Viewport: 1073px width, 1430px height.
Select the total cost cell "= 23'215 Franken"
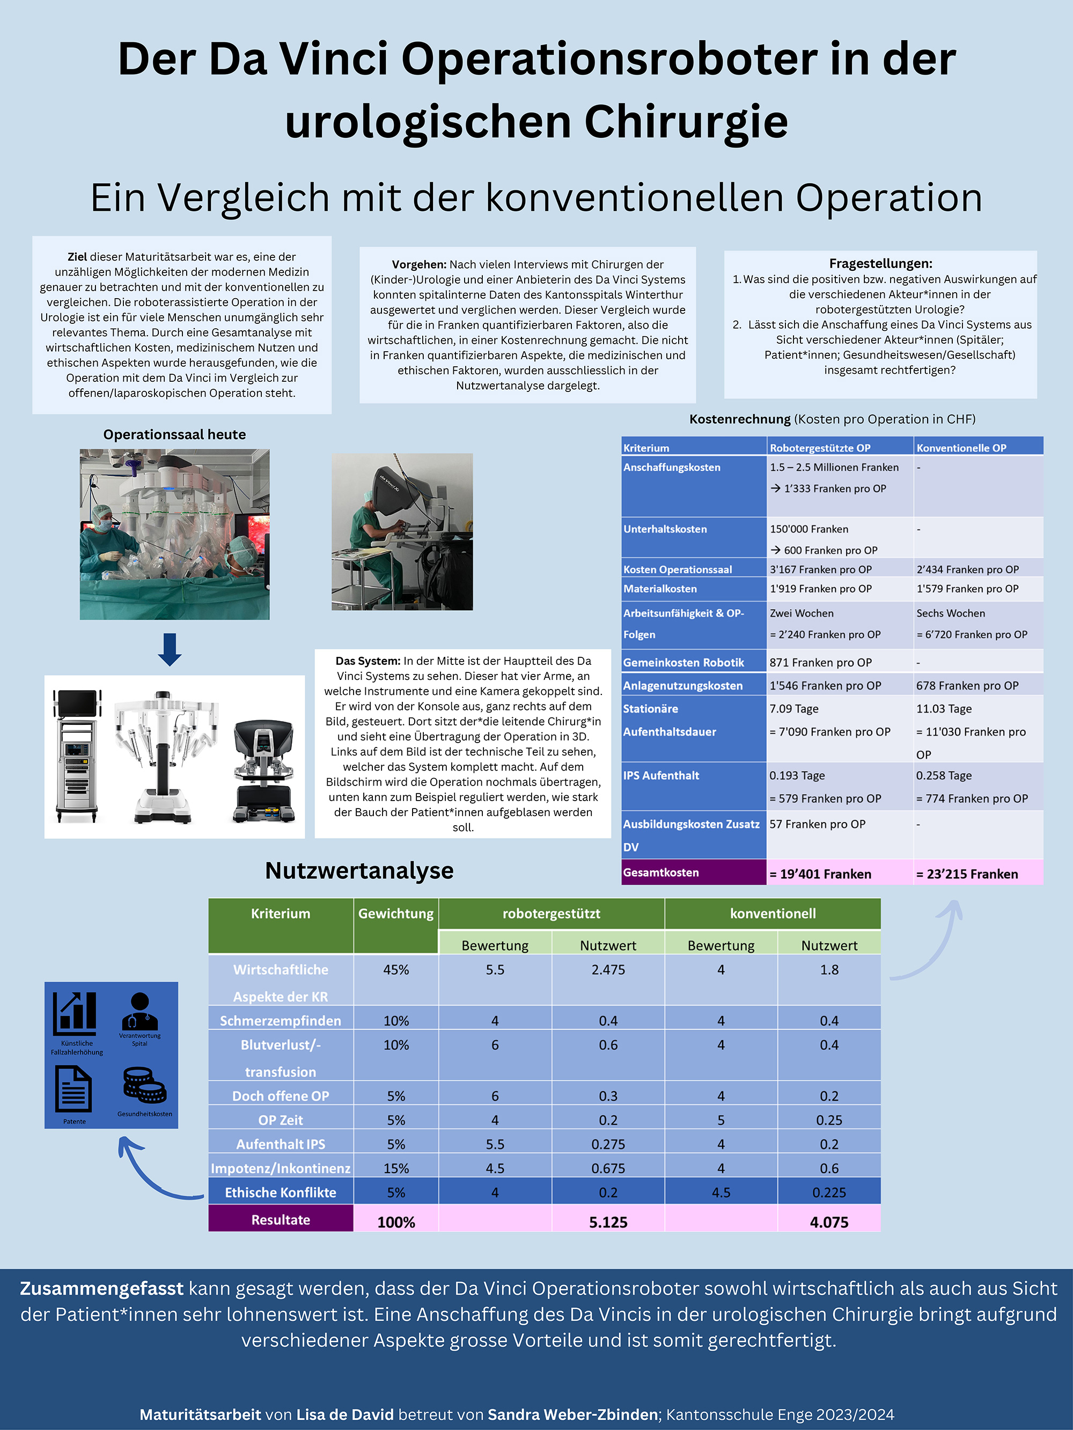tap(966, 874)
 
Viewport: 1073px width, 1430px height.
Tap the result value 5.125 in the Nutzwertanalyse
tap(608, 1222)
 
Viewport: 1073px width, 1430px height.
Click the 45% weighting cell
tap(396, 970)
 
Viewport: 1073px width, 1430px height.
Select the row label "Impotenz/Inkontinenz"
tap(281, 1168)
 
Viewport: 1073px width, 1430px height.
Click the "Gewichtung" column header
tap(396, 914)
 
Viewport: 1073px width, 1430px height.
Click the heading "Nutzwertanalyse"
tap(359, 871)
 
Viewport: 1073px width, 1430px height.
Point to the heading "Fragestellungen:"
tap(880, 263)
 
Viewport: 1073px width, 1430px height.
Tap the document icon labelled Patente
tap(73, 1090)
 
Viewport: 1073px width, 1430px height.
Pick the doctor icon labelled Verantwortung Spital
tap(139, 1011)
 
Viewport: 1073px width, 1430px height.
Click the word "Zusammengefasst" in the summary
tap(101, 1288)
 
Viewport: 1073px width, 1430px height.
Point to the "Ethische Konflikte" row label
tap(281, 1192)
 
